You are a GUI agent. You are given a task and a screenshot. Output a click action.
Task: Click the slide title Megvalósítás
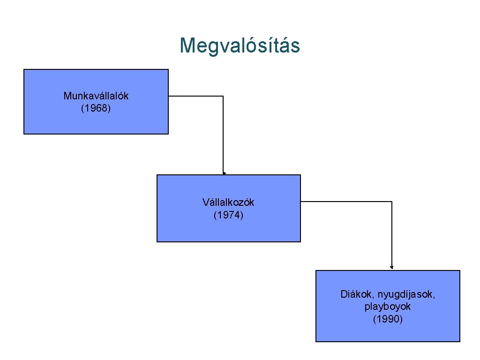point(240,46)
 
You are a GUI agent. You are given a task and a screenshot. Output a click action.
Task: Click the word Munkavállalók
point(96,96)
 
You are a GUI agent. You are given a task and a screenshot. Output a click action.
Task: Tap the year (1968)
point(96,108)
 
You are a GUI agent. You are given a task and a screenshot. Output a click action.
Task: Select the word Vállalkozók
point(228,202)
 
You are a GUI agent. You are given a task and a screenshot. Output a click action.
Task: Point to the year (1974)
point(228,215)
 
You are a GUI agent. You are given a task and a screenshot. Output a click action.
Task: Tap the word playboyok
point(388,307)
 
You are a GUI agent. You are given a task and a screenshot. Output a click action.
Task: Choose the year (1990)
point(388,319)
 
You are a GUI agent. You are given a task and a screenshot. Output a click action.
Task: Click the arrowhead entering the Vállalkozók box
point(224,173)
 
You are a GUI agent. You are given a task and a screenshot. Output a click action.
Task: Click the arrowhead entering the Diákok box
point(392,268)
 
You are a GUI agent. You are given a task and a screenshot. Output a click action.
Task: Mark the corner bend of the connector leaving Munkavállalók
point(223,96)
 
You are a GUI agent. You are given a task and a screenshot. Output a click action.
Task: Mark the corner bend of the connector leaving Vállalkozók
point(392,202)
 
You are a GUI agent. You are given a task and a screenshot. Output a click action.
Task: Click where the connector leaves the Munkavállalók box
point(169,96)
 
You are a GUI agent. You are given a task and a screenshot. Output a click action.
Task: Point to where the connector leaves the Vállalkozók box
point(301,202)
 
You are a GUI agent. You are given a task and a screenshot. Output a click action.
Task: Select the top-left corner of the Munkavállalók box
point(24,69)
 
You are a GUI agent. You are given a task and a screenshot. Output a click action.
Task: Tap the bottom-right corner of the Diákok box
point(460,341)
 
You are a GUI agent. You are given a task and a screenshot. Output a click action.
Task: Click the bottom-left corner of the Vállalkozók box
point(157,242)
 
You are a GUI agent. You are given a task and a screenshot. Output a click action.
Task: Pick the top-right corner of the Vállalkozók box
point(300,175)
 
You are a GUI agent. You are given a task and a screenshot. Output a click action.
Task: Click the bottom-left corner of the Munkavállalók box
point(24,134)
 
